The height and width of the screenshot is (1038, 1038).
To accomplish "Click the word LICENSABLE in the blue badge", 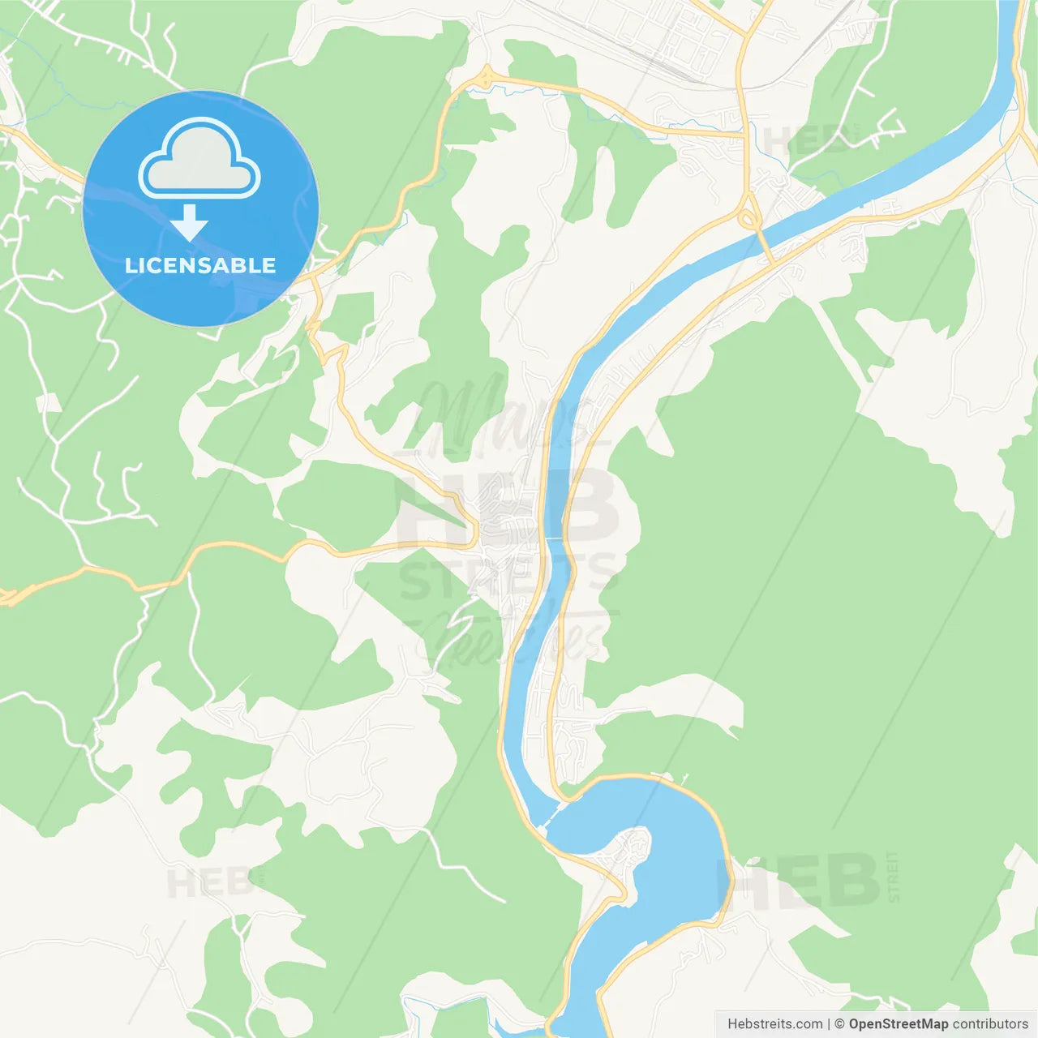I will pyautogui.click(x=200, y=265).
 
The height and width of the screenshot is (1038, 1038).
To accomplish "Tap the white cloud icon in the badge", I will pyautogui.click(x=199, y=160).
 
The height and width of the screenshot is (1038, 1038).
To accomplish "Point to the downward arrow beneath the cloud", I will pyautogui.click(x=189, y=223).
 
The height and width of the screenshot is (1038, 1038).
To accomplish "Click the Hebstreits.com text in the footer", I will pyautogui.click(x=774, y=1024).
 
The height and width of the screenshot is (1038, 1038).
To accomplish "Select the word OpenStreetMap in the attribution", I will pyautogui.click(x=898, y=1024).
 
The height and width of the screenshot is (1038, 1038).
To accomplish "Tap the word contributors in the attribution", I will pyautogui.click(x=990, y=1024).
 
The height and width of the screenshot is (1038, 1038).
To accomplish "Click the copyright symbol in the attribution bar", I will pyautogui.click(x=839, y=1024).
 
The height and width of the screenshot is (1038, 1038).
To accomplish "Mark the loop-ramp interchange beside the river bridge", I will pyautogui.click(x=748, y=217).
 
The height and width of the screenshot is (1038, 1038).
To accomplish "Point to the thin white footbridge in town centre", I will pyautogui.click(x=555, y=538).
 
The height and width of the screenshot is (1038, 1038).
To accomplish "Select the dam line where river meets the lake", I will pyautogui.click(x=553, y=814).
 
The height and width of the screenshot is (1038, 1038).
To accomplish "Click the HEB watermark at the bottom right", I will pyautogui.click(x=799, y=880).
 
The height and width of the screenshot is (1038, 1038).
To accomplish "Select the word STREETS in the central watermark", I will pyautogui.click(x=507, y=577).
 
